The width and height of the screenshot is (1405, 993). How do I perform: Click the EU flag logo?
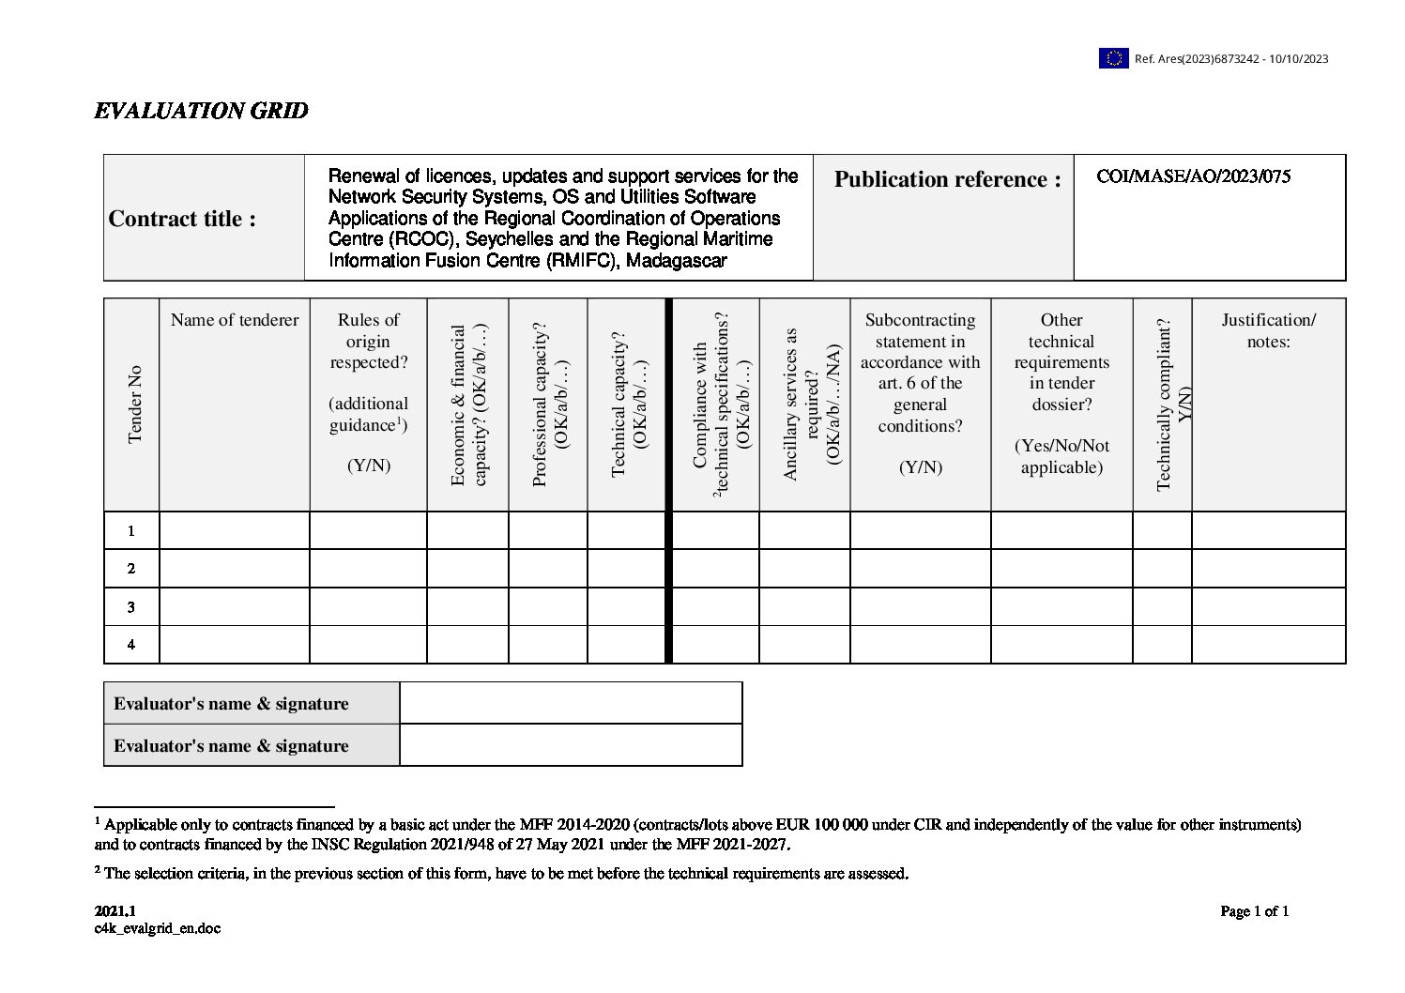(1113, 58)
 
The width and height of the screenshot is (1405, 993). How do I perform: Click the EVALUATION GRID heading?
(201, 111)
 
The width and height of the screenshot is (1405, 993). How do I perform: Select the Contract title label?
(182, 219)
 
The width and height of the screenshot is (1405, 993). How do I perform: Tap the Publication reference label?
(947, 179)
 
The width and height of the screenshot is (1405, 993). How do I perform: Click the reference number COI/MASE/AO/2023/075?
(1193, 176)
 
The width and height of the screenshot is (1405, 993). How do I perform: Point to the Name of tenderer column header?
(235, 320)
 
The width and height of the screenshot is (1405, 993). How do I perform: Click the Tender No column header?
(134, 404)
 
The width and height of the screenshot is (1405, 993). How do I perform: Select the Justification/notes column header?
(1268, 330)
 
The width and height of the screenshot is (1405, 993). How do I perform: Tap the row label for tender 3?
(131, 607)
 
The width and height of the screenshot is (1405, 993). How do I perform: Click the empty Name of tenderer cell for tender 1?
(235, 531)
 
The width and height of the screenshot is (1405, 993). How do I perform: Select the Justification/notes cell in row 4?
(1268, 645)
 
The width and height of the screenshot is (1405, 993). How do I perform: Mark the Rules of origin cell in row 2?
(368, 569)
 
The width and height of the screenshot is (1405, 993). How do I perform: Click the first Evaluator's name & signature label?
(231, 704)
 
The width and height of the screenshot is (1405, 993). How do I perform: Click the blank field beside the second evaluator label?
(571, 745)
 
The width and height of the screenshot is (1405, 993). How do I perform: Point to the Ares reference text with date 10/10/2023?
(1231, 59)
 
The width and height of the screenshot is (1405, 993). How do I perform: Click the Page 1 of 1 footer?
(1254, 911)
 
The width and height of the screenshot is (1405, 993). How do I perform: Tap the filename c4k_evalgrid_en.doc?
(158, 929)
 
